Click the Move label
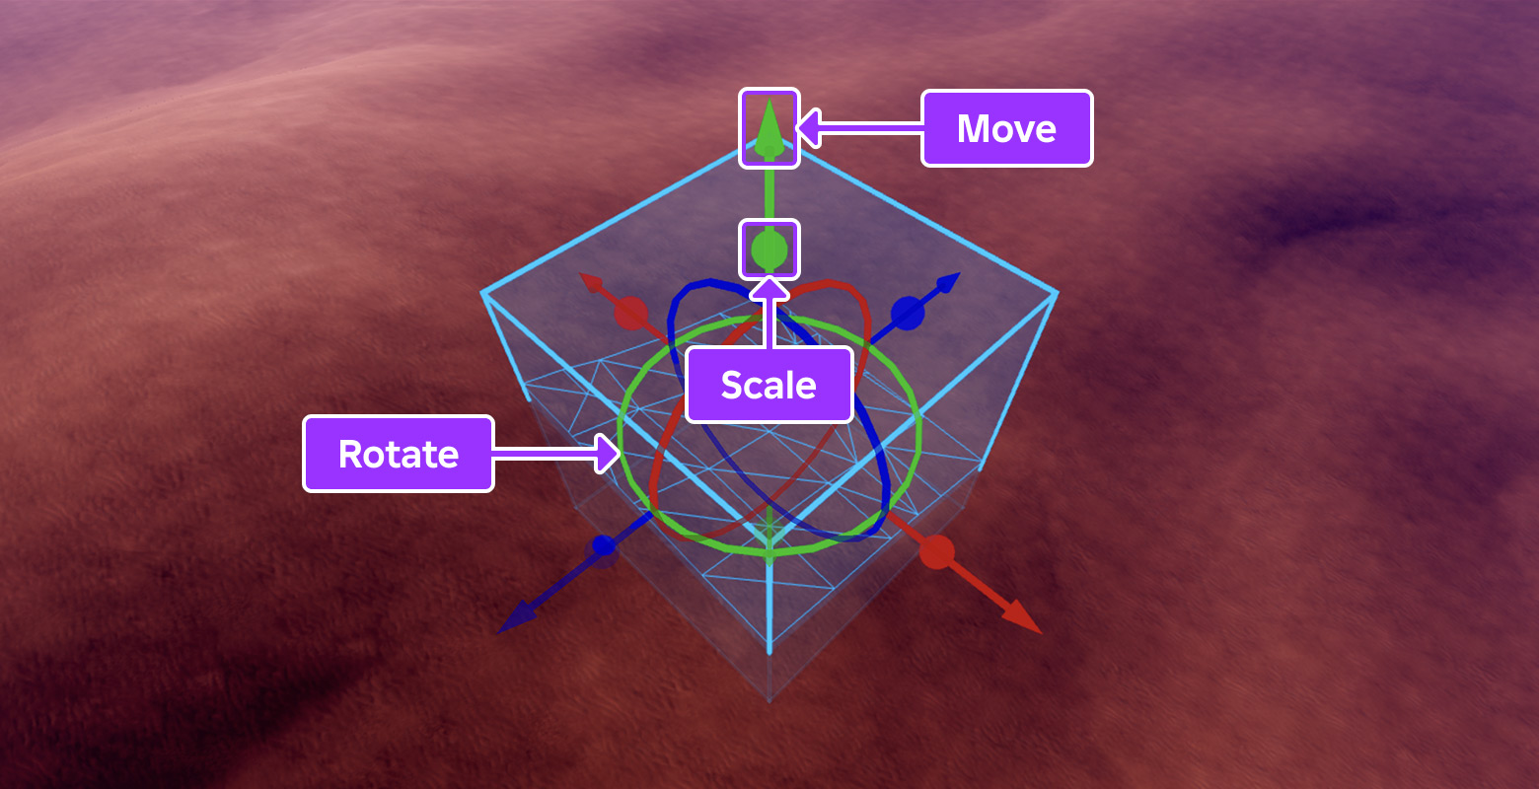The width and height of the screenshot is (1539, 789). click(1006, 128)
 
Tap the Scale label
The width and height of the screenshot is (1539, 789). click(769, 385)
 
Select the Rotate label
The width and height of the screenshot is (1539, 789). click(398, 454)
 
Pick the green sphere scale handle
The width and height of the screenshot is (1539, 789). click(769, 250)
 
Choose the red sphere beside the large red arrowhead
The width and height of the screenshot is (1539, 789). click(936, 552)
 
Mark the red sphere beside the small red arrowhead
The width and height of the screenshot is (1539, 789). click(630, 314)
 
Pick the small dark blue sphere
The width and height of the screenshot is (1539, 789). click(603, 545)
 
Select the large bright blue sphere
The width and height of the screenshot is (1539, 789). click(908, 314)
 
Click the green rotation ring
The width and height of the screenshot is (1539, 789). click(917, 434)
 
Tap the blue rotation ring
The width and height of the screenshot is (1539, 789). click(886, 483)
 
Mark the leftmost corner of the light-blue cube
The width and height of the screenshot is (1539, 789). click(483, 293)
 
